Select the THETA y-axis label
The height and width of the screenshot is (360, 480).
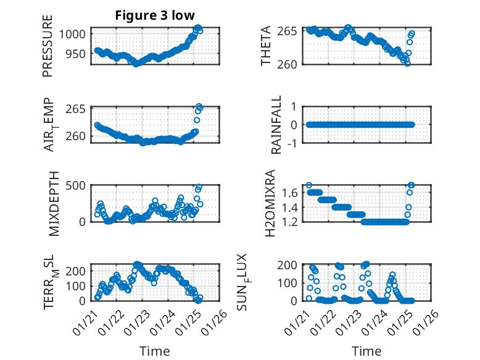[x=266, y=46]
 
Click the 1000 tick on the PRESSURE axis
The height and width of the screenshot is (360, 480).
[x=75, y=35]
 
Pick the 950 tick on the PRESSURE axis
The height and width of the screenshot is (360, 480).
[x=78, y=54]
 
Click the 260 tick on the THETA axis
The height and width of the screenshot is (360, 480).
[x=291, y=64]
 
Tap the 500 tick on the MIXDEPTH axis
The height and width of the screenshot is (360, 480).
[x=78, y=185]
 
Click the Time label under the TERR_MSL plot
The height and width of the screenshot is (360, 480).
[x=154, y=351]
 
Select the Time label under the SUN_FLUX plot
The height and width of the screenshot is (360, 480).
[x=367, y=351]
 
